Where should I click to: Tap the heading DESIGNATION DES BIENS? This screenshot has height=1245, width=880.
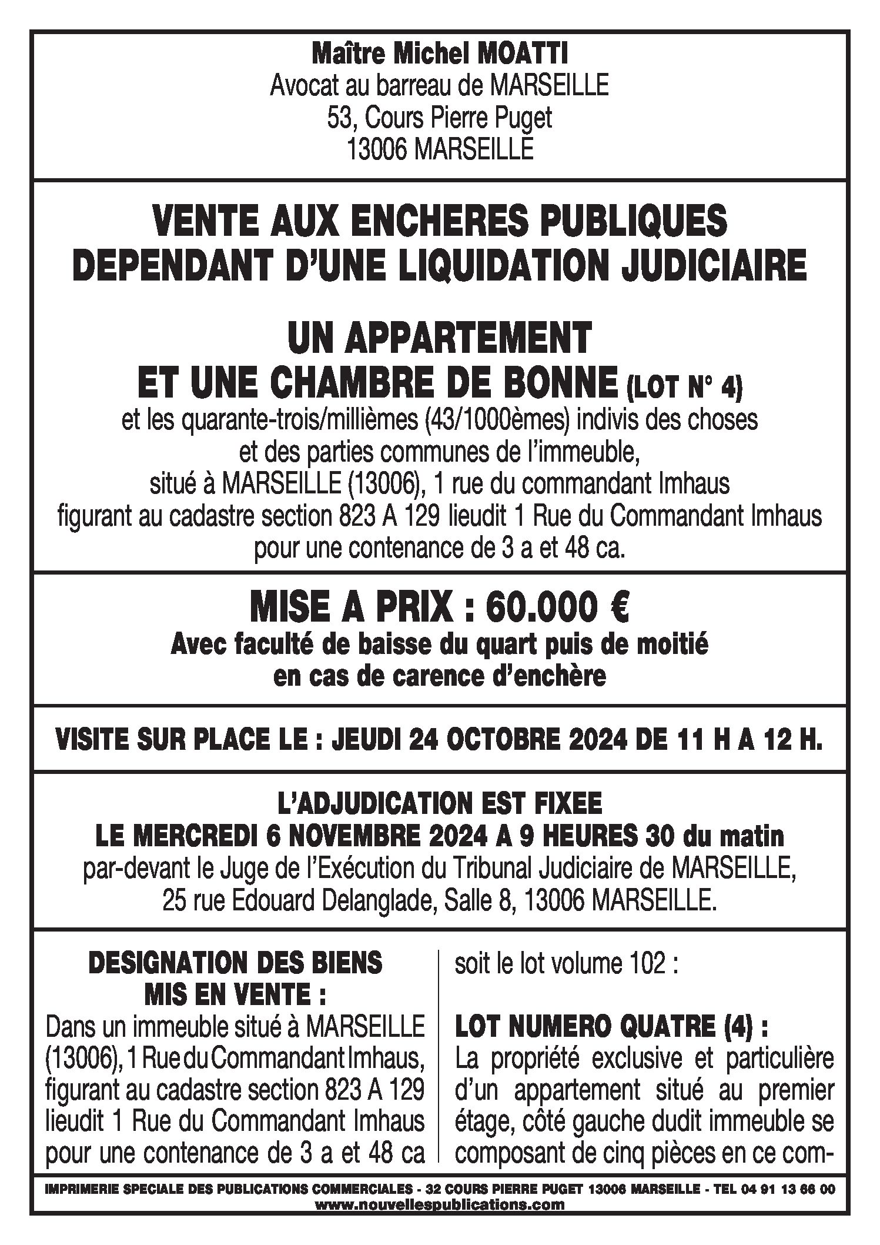coord(235,963)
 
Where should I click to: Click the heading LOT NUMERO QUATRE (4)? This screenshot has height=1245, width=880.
coord(611,1027)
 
